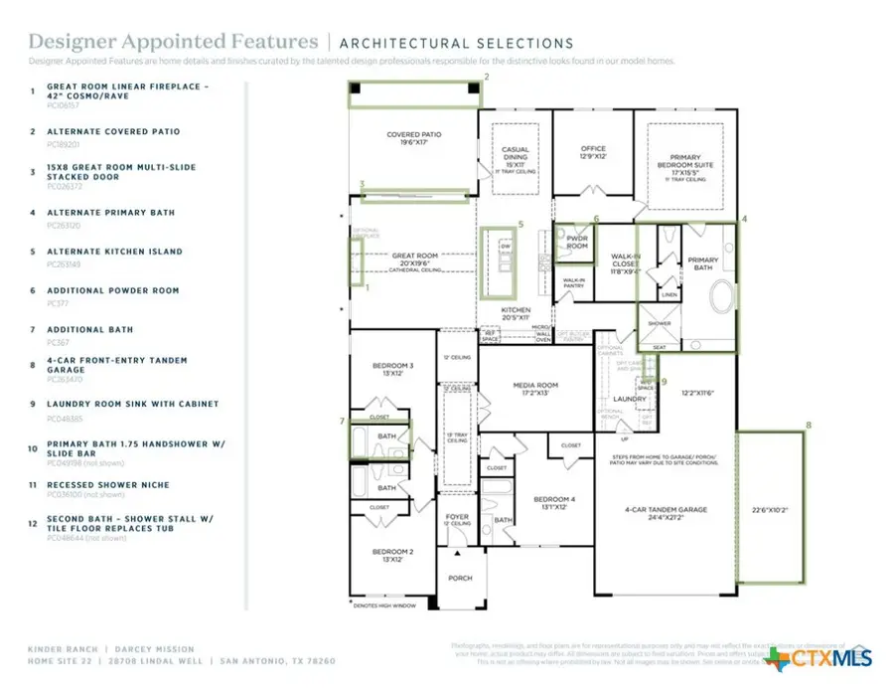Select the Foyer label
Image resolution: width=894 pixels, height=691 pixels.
[457, 518]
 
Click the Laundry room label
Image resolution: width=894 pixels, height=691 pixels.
[630, 399]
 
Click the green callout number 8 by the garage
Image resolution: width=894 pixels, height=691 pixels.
[808, 425]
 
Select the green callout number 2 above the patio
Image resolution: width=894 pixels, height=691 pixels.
[487, 76]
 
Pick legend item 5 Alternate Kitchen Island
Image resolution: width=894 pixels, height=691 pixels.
[114, 252]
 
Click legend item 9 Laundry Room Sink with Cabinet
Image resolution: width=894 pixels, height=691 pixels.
[132, 405]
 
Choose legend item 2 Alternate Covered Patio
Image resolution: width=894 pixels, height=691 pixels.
[113, 131]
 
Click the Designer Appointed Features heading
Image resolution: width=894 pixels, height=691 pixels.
[174, 42]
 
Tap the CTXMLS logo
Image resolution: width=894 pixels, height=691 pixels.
[819, 659]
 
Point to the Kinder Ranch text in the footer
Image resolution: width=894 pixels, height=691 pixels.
[62, 649]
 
